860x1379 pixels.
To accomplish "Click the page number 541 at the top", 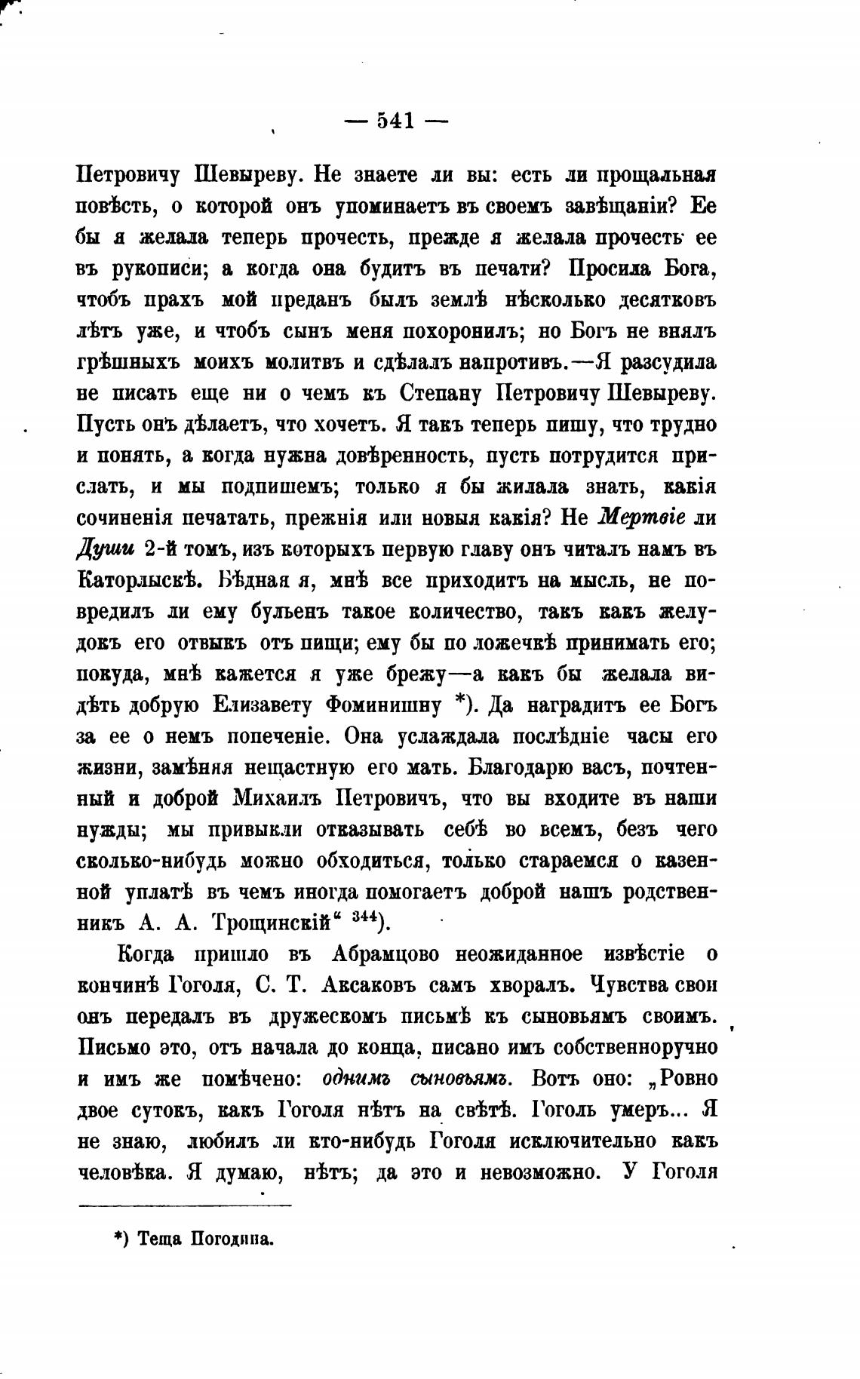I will pos(395,121).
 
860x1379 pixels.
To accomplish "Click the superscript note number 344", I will pos(365,917).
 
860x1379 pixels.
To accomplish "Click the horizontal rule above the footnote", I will pos(185,1205).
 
